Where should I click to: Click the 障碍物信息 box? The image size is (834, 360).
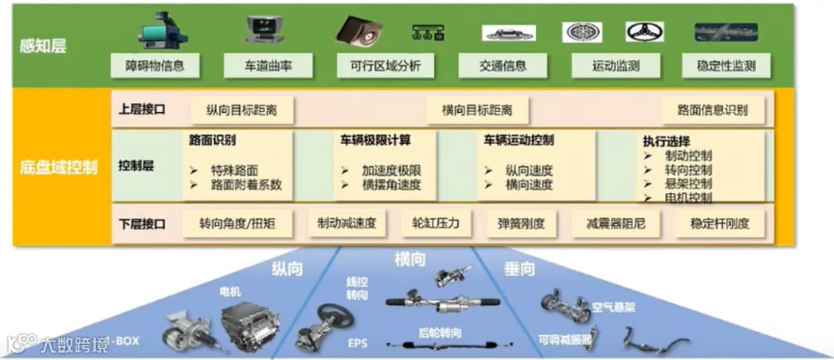[155, 66]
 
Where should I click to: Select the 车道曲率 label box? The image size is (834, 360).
[269, 66]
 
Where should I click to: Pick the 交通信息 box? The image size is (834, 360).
[503, 66]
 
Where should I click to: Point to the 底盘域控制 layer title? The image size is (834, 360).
[59, 167]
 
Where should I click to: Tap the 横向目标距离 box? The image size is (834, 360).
[476, 110]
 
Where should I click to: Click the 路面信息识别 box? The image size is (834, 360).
[712, 110]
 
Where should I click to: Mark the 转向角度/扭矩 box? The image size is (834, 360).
[236, 224]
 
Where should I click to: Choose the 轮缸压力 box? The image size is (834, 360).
[431, 224]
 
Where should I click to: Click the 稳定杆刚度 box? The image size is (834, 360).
[719, 224]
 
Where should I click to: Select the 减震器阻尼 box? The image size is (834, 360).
[615, 224]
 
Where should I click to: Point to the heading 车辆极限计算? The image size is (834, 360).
[375, 141]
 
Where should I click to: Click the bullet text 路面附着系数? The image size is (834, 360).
[246, 185]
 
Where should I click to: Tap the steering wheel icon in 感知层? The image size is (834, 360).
[644, 32]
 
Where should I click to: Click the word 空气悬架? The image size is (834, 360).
[613, 307]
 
